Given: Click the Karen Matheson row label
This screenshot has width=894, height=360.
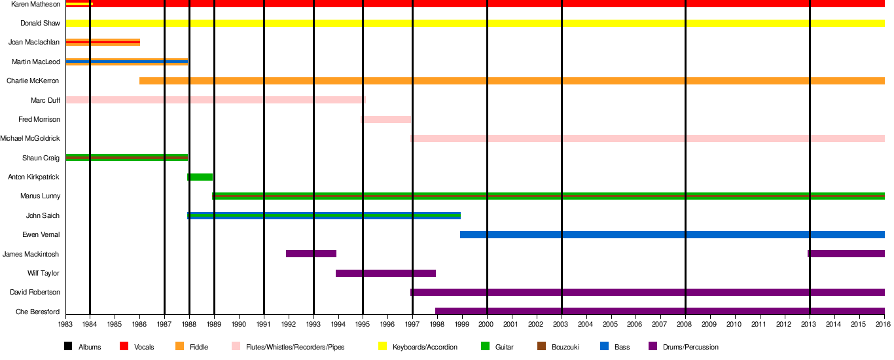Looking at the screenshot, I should (x=36, y=4).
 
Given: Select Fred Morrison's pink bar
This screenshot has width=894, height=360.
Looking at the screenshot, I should (x=385, y=120).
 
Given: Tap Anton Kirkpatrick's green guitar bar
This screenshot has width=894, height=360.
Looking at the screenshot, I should (x=200, y=177).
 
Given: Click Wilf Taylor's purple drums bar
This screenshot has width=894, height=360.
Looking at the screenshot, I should (x=385, y=274).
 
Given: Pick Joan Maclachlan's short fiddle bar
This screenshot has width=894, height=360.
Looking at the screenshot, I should (x=103, y=43).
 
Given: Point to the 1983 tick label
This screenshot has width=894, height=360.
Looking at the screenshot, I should (x=65, y=323).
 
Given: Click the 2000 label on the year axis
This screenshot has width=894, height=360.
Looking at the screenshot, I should (x=486, y=323).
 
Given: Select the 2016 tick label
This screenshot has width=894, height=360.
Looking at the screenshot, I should (x=884, y=323).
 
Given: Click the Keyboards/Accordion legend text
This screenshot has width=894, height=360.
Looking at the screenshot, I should (x=425, y=347).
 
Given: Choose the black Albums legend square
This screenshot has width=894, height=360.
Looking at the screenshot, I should (x=68, y=347).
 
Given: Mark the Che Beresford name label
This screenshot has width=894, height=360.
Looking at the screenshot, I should (x=38, y=312).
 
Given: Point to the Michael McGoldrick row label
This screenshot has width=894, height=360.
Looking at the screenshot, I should (x=30, y=139).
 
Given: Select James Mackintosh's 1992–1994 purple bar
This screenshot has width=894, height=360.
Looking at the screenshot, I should (x=311, y=254).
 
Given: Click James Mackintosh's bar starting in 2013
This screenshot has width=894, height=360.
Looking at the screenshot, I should (x=846, y=254).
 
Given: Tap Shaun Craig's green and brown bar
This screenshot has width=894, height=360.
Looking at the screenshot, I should (x=126, y=158).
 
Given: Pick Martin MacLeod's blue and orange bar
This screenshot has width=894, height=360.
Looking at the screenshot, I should (x=126, y=62).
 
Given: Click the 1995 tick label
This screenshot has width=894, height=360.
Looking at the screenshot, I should (x=363, y=323).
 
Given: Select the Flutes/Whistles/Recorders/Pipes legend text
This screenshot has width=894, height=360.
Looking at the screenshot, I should (x=295, y=347).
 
